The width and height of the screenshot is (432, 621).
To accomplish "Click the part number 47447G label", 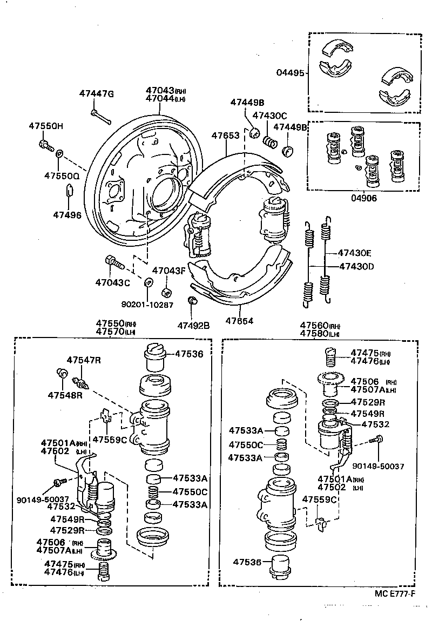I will (97, 94).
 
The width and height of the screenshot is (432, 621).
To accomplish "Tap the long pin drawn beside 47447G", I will (100, 116).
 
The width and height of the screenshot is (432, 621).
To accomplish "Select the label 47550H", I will (46, 126).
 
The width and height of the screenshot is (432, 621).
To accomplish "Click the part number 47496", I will (67, 215).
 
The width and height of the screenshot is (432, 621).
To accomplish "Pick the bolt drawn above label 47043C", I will (114, 262).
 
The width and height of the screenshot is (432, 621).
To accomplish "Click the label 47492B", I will (193, 325).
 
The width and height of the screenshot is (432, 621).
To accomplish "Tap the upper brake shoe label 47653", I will (225, 136).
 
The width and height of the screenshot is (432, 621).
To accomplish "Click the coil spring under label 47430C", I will (270, 142).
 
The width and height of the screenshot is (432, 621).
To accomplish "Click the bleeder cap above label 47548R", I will (62, 373).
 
